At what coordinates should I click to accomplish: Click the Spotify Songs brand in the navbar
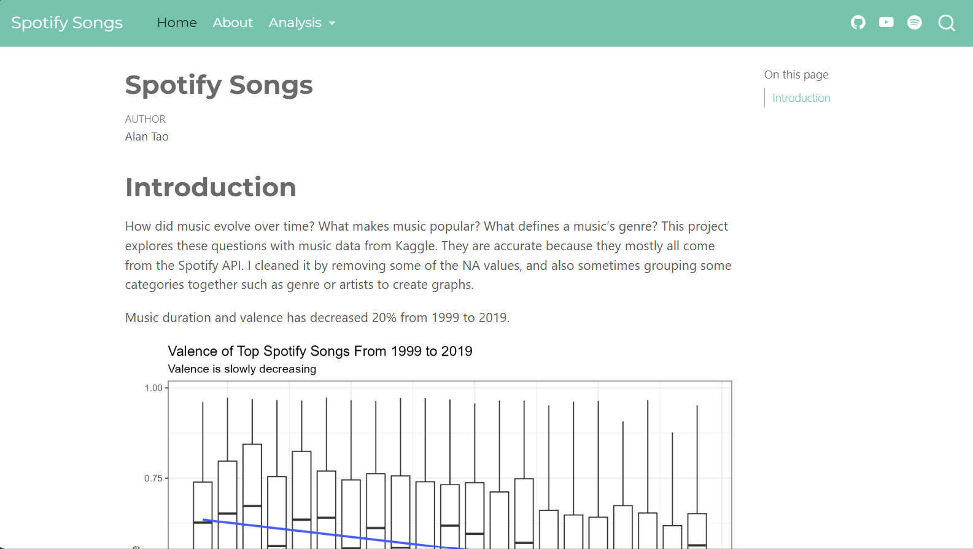[x=67, y=23]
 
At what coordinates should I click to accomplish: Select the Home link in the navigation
[x=177, y=23]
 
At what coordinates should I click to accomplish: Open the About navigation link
[x=233, y=23]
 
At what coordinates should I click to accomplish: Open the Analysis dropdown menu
[x=302, y=23]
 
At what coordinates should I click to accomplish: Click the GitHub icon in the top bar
[x=858, y=23]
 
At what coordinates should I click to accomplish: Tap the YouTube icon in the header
[x=886, y=23]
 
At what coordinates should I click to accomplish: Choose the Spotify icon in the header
[x=915, y=23]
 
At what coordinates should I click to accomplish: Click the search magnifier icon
[x=947, y=23]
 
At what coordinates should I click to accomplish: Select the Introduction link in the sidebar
[x=801, y=98]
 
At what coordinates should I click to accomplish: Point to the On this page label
[x=796, y=75]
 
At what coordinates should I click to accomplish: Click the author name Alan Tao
[x=147, y=137]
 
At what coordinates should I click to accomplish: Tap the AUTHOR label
[x=145, y=119]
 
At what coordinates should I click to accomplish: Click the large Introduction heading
[x=211, y=188]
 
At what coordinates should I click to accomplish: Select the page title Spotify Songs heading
[x=219, y=85]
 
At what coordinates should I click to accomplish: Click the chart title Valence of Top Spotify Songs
[x=320, y=351]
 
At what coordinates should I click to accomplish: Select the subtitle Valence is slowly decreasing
[x=242, y=369]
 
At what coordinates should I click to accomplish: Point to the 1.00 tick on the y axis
[x=153, y=388]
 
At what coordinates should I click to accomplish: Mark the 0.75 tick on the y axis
[x=153, y=478]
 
